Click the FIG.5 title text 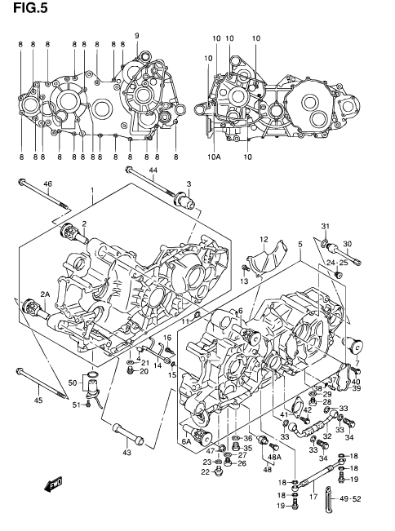click(30, 7)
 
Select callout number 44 click(153, 170)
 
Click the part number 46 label click(48, 184)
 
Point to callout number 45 click(38, 400)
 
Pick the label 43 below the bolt click(126, 453)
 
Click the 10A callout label click(214, 157)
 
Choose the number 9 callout click(137, 36)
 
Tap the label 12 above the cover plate click(264, 240)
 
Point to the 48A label click(274, 457)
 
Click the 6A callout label click(187, 441)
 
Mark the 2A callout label click(45, 294)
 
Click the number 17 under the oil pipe click(313, 497)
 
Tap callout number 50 click(73, 383)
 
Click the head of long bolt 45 click(20, 371)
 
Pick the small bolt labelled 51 click(88, 404)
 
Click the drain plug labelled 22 click(219, 471)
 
